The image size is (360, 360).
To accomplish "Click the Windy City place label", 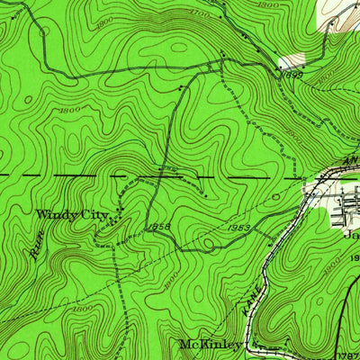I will coord(71,215).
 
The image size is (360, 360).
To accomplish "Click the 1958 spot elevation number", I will coord(161,225).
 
